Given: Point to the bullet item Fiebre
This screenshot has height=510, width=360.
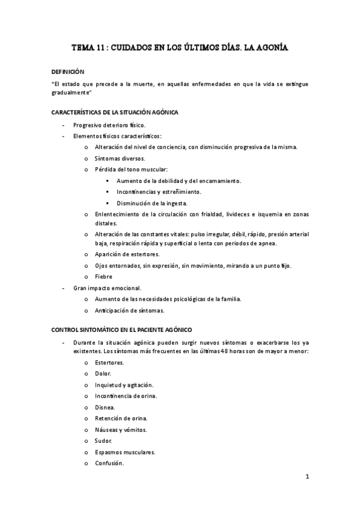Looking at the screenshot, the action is pos(103,276).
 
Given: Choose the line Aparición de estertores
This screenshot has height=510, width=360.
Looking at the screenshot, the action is pos(126,254).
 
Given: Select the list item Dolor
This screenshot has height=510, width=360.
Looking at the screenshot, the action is pos(103,373).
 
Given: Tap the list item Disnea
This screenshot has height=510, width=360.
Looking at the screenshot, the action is pos(105,407).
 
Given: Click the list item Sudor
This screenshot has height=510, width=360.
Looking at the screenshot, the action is pos(103,441).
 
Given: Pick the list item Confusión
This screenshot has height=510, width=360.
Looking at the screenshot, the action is pos(109,463).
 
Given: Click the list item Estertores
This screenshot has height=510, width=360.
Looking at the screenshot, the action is pos(109,363).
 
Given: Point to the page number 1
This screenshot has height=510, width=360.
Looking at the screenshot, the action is pos(307,478).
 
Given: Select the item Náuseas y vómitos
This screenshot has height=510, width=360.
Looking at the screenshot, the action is pos(120,429).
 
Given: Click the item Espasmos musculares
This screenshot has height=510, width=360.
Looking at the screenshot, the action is pos(125,452).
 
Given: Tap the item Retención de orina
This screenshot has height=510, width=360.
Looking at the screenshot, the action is pos(121,418).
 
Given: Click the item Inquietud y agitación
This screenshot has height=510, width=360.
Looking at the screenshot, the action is pos(124,385).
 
